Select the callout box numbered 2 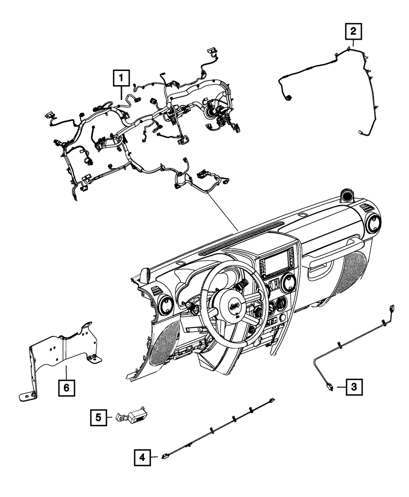tap(353, 31)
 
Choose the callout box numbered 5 tap(99, 417)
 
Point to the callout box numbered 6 tap(67, 386)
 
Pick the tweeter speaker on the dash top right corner tap(348, 195)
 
